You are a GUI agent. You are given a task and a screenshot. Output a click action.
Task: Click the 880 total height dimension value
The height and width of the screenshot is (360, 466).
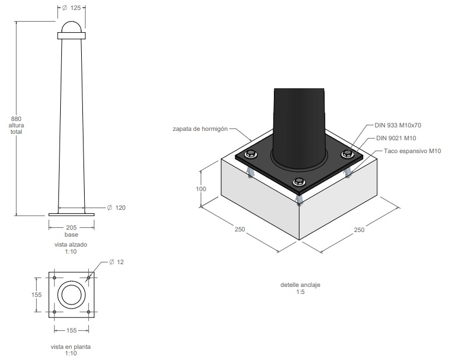pyautogui.click(x=16, y=119)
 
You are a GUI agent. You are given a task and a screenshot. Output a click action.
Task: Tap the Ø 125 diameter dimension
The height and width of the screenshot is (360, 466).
pyautogui.click(x=72, y=8)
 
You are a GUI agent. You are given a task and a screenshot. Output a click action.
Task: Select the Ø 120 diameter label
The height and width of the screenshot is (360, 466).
pyautogui.click(x=116, y=207)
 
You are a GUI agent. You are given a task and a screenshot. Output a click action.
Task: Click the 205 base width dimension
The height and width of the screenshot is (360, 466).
pyautogui.click(x=71, y=227)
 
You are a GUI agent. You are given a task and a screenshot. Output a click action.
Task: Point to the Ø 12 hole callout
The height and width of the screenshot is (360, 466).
pyautogui.click(x=116, y=262)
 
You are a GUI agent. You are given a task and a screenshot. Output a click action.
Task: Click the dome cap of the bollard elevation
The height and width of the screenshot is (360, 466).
pyautogui.click(x=71, y=27)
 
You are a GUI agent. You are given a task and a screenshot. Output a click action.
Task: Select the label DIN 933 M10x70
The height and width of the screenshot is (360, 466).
pyautogui.click(x=398, y=125)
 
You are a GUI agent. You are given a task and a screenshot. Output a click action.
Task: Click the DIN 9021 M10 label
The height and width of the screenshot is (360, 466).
pyautogui.click(x=396, y=138)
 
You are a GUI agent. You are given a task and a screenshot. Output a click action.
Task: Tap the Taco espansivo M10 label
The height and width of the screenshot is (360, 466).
pyautogui.click(x=412, y=151)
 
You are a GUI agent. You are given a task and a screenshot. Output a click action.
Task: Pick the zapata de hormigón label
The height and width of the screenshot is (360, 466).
pyautogui.click(x=200, y=129)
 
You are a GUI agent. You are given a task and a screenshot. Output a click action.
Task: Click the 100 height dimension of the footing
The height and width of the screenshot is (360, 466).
pyautogui.click(x=201, y=189)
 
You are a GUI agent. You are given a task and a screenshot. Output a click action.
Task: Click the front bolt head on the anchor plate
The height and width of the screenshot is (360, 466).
pyautogui.click(x=299, y=182)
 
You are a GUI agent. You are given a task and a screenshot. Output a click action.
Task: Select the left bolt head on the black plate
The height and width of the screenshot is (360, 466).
pyautogui.click(x=251, y=154)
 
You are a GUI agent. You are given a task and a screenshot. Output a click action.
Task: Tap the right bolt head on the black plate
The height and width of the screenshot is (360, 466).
pyautogui.click(x=347, y=154)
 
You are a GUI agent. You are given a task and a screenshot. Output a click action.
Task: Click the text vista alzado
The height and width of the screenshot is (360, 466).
pyautogui.click(x=71, y=244)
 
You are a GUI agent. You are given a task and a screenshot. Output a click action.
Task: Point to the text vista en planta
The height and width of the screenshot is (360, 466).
pyautogui.click(x=71, y=347)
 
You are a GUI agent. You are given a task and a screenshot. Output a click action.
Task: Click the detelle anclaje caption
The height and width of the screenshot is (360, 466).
pyautogui.click(x=300, y=285)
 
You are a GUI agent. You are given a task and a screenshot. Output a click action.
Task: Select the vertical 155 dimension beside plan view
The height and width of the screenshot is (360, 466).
pyautogui.click(x=37, y=295)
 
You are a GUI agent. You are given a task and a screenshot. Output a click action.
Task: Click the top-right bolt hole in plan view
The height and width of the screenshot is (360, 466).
pyautogui.click(x=88, y=278)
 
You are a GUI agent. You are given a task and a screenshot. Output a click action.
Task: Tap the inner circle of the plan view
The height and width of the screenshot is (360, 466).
pyautogui.click(x=62, y=295)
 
